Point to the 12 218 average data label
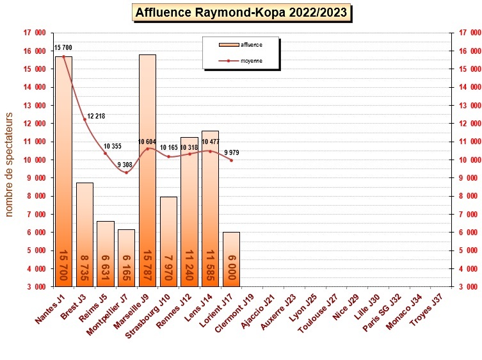[x=95, y=116]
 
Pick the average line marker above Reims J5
[x=105, y=153]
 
